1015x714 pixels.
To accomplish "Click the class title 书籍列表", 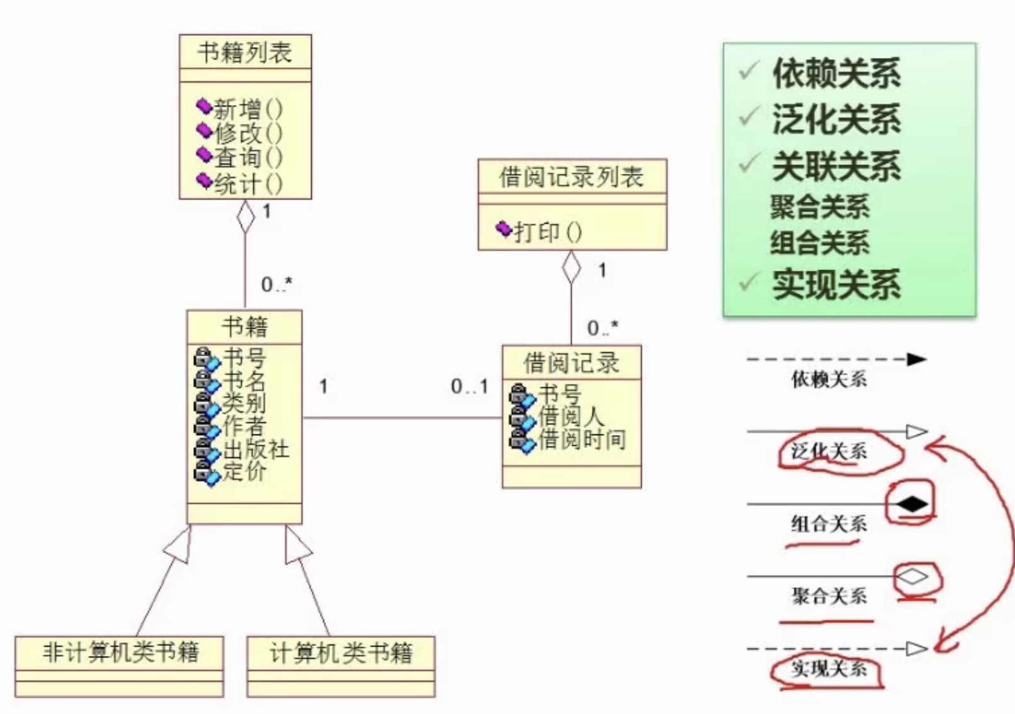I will pyautogui.click(x=245, y=52).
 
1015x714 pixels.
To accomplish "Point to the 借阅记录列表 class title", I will pyautogui.click(x=571, y=178).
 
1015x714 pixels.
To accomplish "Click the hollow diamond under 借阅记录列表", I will pyautogui.click(x=571, y=267).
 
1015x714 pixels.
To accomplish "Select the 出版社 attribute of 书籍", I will pyautogui.click(x=255, y=449).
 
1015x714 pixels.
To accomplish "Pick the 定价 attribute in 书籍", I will pyautogui.click(x=244, y=472).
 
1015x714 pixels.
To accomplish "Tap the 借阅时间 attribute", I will pyautogui.click(x=581, y=439).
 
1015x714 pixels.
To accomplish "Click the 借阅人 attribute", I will pyautogui.click(x=570, y=416).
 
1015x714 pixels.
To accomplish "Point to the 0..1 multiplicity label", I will pyautogui.click(x=470, y=387).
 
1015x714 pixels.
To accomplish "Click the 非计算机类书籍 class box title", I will pyautogui.click(x=120, y=652).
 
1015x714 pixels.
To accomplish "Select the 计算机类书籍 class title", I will pyautogui.click(x=341, y=653).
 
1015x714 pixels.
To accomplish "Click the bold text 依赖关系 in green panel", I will pyautogui.click(x=836, y=74).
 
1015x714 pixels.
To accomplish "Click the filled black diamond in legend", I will pyautogui.click(x=912, y=504).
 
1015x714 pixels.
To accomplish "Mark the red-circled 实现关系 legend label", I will pyautogui.click(x=829, y=669).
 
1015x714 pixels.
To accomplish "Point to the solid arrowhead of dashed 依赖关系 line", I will pyautogui.click(x=917, y=360).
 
